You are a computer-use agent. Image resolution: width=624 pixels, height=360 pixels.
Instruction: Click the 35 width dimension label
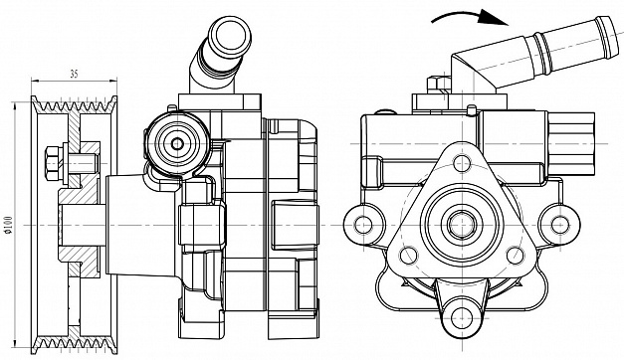(74, 74)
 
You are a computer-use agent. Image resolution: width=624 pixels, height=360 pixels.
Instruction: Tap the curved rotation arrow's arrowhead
(494, 17)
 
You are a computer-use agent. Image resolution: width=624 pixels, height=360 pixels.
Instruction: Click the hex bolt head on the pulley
(54, 163)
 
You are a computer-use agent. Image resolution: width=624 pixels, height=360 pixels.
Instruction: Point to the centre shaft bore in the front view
(462, 225)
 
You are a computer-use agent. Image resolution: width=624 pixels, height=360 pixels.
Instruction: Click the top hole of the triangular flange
(462, 163)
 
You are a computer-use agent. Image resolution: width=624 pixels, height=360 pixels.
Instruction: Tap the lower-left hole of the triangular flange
(408, 255)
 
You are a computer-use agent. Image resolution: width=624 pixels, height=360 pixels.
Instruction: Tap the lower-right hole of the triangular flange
(515, 255)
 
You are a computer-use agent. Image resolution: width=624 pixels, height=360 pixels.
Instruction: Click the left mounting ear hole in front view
(363, 225)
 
